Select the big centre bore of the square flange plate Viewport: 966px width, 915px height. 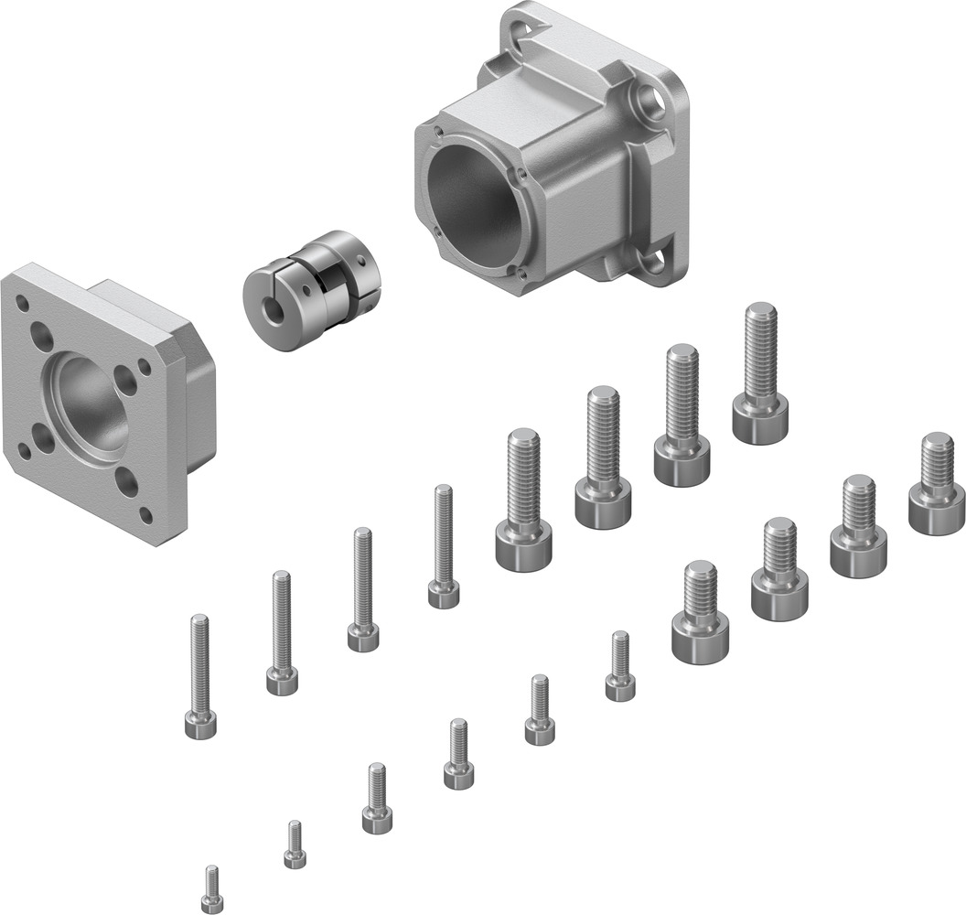pyautogui.click(x=88, y=404)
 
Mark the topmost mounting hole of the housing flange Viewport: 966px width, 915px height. pyautogui.click(x=529, y=35)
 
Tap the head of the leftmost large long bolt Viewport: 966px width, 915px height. pyautogui.click(x=523, y=546)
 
